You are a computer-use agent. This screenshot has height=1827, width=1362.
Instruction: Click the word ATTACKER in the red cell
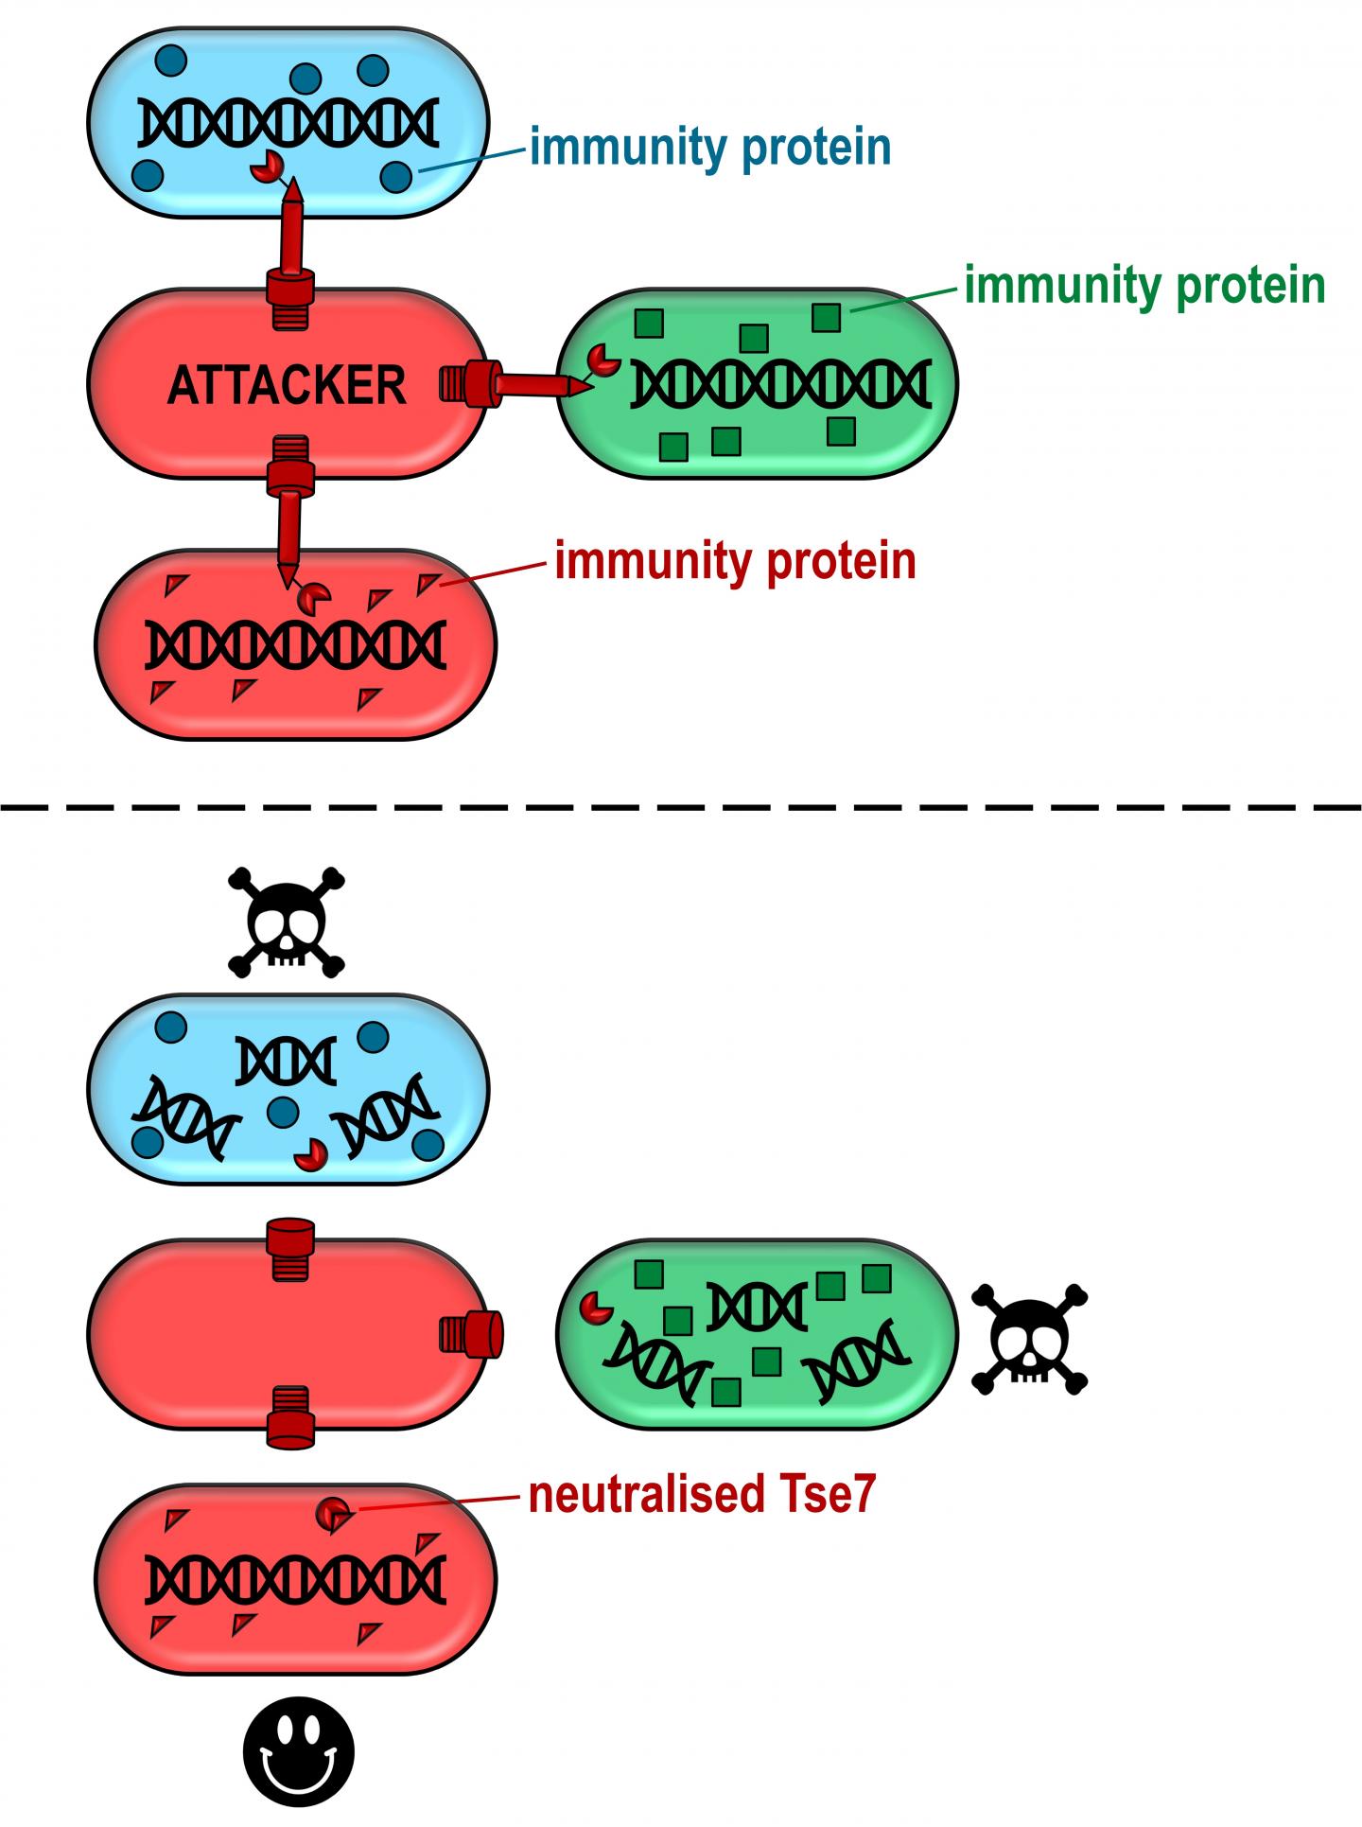click(287, 386)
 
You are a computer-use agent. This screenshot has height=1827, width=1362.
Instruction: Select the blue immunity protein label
click(709, 148)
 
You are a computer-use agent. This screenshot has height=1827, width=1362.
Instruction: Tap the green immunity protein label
click(1144, 285)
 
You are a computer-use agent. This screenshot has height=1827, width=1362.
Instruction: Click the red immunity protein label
click(735, 561)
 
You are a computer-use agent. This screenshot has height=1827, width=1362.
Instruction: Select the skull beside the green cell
click(1030, 1338)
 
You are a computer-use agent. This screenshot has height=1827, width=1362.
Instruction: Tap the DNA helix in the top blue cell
click(288, 124)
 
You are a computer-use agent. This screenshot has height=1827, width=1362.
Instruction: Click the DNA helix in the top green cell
click(781, 384)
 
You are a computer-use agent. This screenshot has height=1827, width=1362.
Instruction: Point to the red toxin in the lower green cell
click(596, 1307)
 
